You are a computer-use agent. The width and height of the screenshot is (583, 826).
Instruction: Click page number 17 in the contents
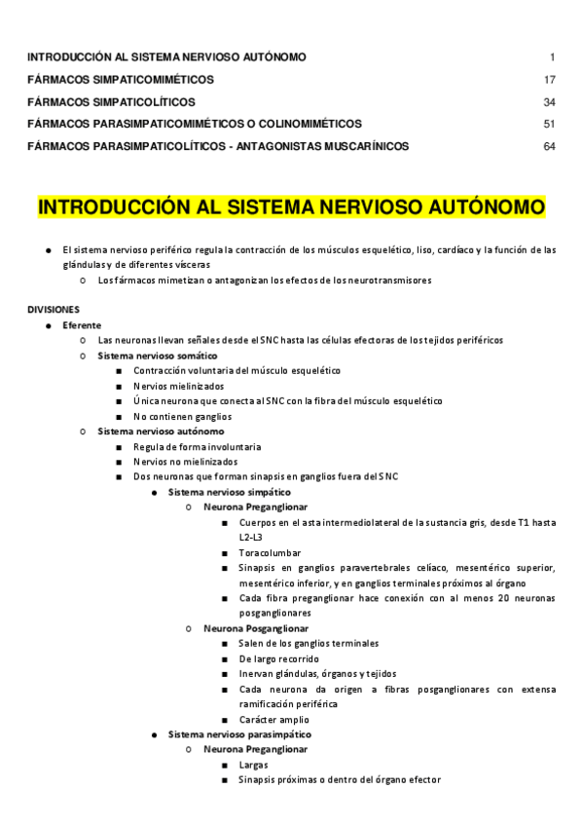(x=550, y=79)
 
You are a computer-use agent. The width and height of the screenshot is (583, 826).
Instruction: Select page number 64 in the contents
(x=550, y=146)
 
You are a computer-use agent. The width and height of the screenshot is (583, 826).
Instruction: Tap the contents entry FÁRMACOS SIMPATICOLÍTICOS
(x=111, y=101)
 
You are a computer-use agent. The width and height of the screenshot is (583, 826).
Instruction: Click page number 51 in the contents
(x=550, y=124)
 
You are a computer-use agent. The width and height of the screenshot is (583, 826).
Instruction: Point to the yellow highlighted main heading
(x=291, y=208)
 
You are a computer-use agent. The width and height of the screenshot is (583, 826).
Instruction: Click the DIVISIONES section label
(x=54, y=308)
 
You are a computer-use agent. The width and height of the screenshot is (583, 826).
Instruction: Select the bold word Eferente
(x=82, y=324)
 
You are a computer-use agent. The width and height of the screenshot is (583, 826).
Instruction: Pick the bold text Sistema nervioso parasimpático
(x=239, y=733)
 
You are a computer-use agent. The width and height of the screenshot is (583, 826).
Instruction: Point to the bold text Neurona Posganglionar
(x=256, y=628)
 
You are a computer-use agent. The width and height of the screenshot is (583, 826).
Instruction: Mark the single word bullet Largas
(x=253, y=765)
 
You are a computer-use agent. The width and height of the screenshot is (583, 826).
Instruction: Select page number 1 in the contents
(x=552, y=56)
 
